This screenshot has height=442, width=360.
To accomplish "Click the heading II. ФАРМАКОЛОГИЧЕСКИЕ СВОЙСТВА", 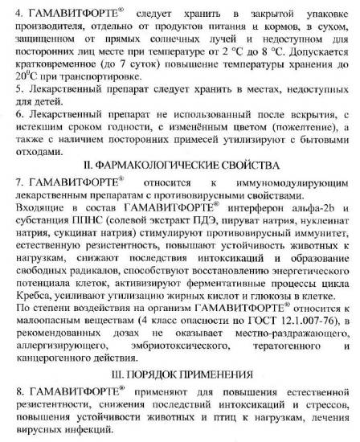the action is (180, 166).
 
